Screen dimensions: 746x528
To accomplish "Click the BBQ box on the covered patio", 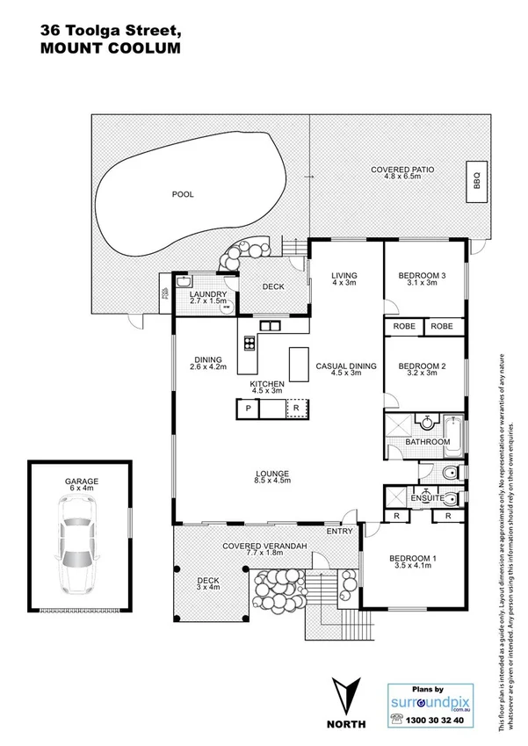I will [477, 182].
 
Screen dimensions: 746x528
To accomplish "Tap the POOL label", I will [183, 194].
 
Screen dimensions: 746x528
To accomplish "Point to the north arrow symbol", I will [344, 694].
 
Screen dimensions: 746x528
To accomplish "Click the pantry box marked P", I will [249, 409].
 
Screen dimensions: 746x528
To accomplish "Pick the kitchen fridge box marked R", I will [296, 409].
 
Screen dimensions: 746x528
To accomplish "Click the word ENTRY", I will [339, 531].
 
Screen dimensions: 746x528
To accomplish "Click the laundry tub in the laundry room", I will [184, 281].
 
